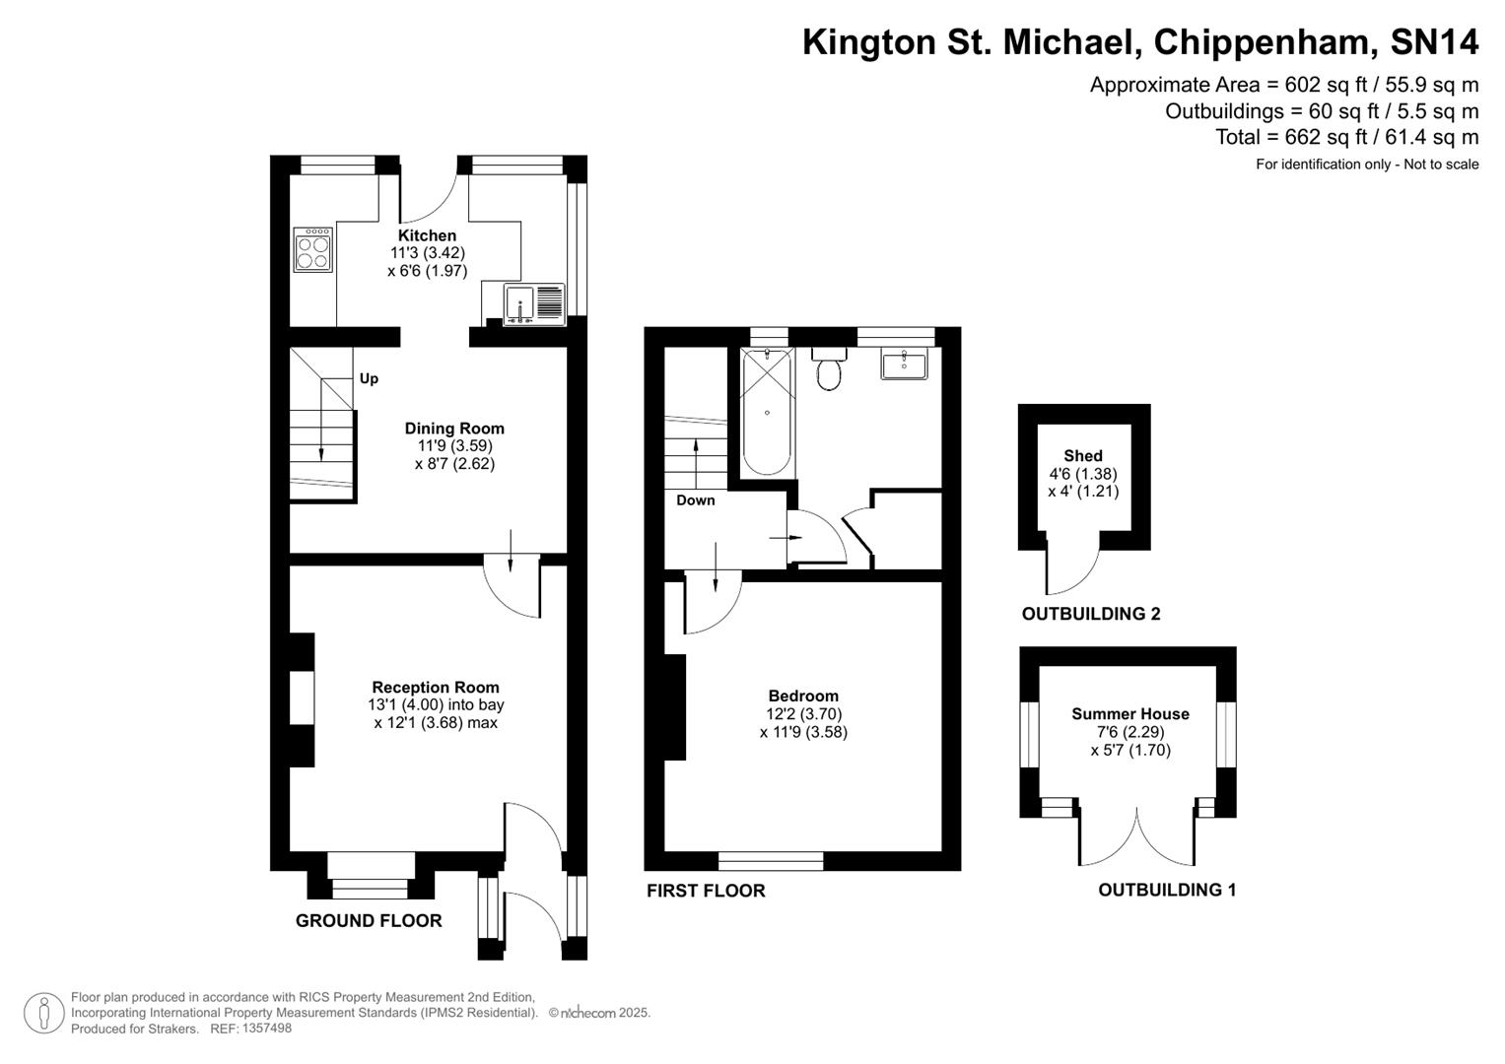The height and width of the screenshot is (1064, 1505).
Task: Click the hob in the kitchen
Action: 313,250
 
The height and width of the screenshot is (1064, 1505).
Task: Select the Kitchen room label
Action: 427,235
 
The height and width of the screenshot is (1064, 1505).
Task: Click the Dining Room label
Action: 454,429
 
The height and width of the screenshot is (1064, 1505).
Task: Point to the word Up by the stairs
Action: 369,378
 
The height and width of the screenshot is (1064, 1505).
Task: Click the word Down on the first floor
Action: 696,500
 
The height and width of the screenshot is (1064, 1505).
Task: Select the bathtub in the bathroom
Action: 766,412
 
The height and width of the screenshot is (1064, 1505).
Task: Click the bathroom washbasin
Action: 904,364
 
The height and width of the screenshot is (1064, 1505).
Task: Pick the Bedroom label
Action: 803,697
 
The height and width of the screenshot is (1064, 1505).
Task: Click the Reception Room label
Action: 436,688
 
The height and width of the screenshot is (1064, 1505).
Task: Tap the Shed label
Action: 1083,456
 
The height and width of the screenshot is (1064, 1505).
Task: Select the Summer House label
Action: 1130,714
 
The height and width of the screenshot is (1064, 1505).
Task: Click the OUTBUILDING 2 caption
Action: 1091,615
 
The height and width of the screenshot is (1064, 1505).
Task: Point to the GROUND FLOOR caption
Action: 369,921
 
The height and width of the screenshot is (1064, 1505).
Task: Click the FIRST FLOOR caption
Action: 706,892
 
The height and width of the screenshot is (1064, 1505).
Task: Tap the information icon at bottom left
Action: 43,1014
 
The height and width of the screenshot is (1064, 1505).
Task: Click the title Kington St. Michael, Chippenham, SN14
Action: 1140,42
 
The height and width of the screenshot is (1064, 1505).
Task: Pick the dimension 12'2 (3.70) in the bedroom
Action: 803,714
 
